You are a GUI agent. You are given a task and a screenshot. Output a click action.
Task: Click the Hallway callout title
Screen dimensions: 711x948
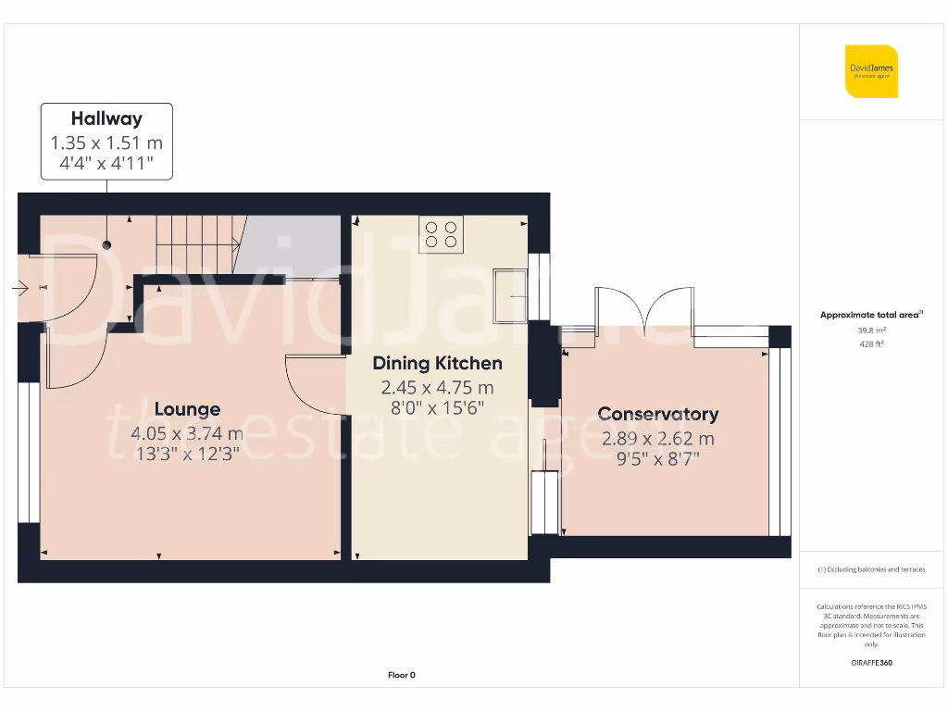point(106,118)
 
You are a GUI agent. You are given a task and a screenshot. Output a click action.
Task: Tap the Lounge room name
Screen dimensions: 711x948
point(187,409)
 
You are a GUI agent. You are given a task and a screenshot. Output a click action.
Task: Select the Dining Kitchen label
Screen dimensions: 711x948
point(437,364)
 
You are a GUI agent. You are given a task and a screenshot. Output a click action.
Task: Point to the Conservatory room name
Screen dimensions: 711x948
point(657,415)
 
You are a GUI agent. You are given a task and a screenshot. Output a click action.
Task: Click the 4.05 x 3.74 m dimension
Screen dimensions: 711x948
point(187,433)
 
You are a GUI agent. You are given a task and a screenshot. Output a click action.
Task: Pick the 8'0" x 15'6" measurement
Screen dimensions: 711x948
point(437,408)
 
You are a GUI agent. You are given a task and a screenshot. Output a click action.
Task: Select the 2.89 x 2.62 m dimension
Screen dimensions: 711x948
point(657,439)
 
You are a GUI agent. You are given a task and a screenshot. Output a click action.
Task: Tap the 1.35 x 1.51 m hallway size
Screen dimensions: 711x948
point(106,143)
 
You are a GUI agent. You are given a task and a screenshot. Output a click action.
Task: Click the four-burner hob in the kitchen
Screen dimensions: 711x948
point(441,234)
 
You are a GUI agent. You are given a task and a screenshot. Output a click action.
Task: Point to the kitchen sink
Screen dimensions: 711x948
point(510,295)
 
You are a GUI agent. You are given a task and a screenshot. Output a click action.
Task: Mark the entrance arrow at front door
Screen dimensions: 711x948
point(19,289)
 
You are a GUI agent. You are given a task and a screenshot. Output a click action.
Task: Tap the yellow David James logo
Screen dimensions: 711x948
point(871,71)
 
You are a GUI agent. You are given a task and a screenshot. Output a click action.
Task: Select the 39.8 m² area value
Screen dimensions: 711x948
point(871,330)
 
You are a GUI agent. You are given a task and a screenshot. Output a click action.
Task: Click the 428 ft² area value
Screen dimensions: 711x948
point(871,343)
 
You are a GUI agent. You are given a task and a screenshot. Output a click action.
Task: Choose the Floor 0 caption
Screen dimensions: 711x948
point(401,675)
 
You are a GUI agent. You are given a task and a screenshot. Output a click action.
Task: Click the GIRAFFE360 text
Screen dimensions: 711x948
point(871,663)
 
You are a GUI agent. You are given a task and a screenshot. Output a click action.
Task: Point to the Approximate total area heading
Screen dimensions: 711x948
point(871,315)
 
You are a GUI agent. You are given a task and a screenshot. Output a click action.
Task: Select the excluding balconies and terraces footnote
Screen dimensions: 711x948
point(871,569)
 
